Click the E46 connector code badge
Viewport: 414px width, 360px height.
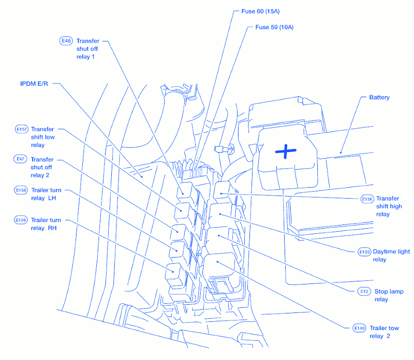point(66,40)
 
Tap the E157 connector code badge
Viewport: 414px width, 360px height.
point(22,129)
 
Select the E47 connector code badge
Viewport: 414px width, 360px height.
point(21,159)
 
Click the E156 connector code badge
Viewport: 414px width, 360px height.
point(367,199)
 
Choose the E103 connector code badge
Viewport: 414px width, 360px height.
point(364,252)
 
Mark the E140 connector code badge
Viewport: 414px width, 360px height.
point(359,328)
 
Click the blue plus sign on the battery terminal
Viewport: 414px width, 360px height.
point(286,151)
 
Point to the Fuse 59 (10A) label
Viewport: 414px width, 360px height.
point(271,27)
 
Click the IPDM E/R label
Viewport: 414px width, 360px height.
point(34,83)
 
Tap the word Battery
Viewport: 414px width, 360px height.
point(379,97)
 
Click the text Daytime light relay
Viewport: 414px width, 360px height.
point(391,256)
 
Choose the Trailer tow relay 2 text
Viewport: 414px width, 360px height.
point(383,332)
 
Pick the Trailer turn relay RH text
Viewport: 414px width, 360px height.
point(46,224)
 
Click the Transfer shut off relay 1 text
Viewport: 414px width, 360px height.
point(87,49)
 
